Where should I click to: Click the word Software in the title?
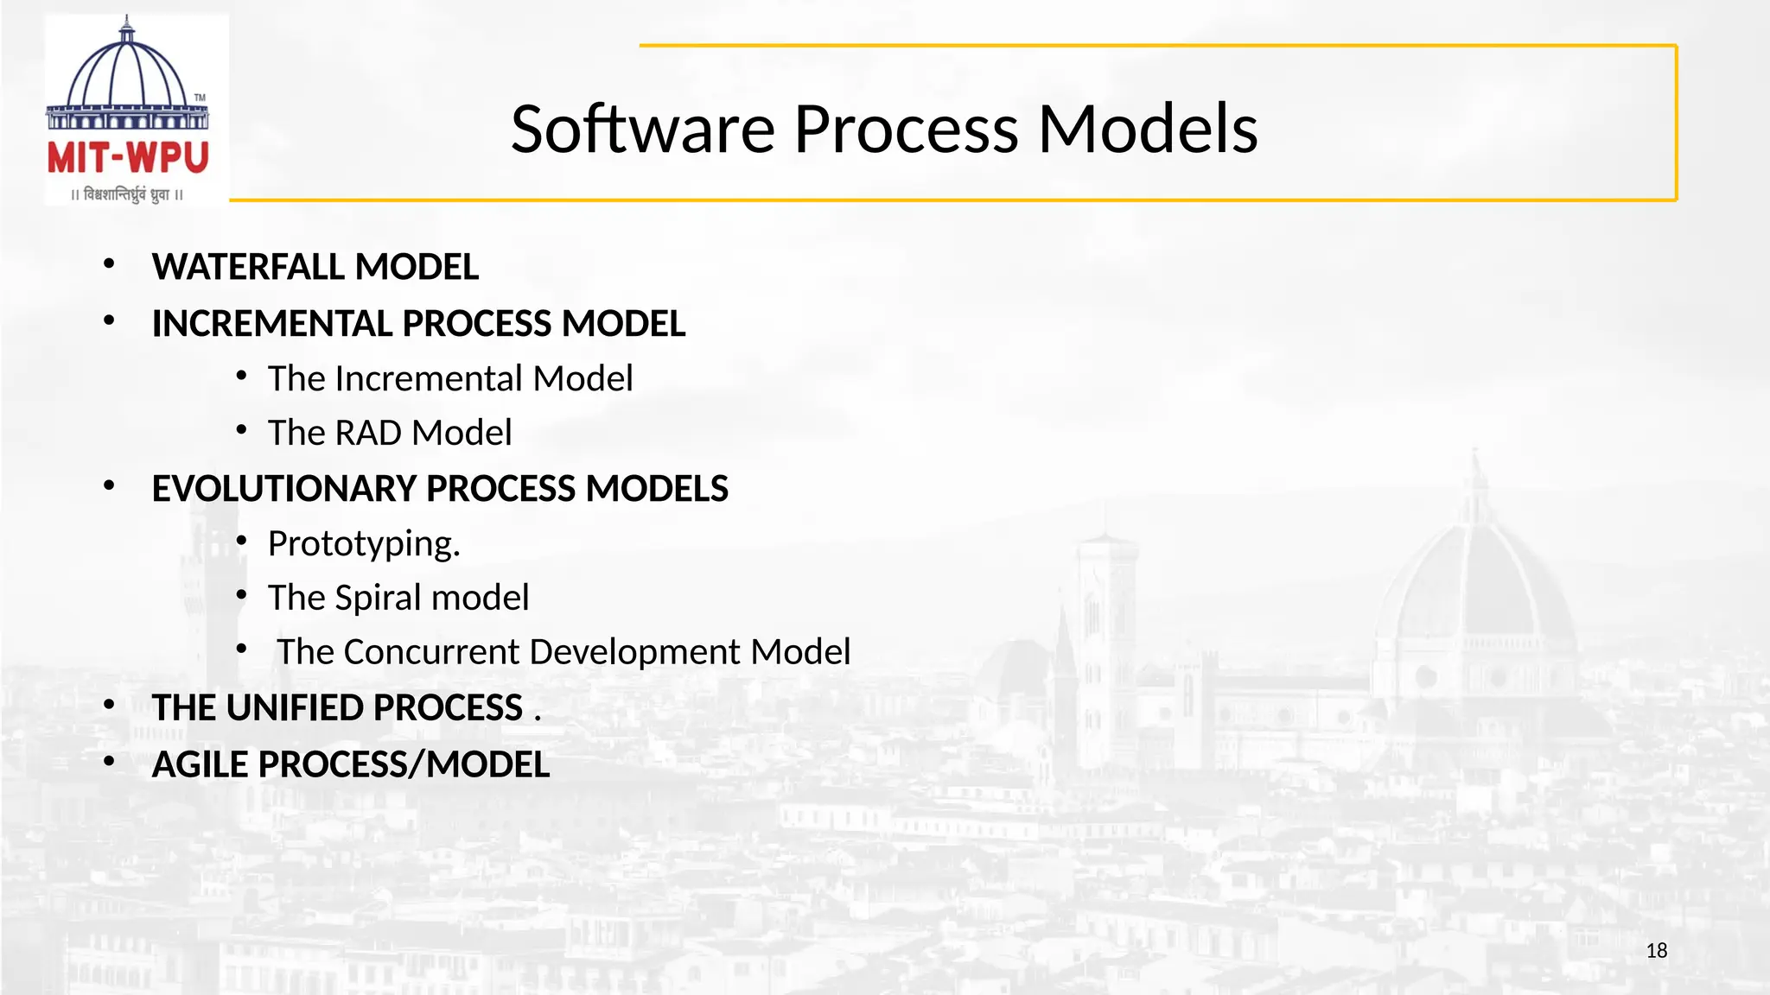point(643,130)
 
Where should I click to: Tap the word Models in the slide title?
point(1147,130)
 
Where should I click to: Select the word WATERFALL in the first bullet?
point(250,267)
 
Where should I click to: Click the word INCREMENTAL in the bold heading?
point(272,324)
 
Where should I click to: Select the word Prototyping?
point(363,544)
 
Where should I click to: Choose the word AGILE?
point(200,765)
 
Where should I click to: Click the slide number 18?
point(1656,951)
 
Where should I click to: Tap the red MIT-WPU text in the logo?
point(128,158)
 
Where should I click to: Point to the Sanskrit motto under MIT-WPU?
point(128,194)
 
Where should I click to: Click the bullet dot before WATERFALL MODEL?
point(109,264)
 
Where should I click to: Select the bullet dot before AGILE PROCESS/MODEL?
point(109,762)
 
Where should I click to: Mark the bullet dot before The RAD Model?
point(241,430)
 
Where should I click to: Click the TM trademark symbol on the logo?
point(200,98)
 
